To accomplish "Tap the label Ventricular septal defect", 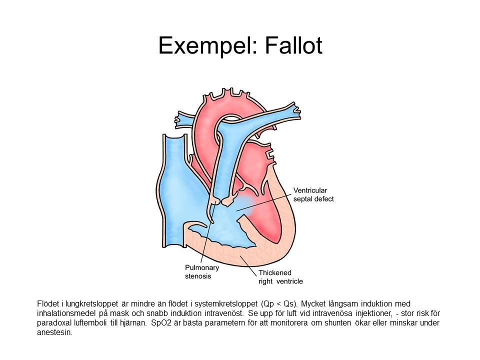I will pyautogui.click(x=313, y=194).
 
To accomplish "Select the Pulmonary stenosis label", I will pyautogui.click(x=202, y=271).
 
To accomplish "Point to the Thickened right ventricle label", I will pyautogui.click(x=280, y=277).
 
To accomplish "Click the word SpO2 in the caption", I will pyautogui.click(x=158, y=322).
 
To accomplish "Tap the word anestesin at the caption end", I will pyautogui.click(x=55, y=332).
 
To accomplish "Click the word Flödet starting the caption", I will pyautogui.click(x=47, y=303).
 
